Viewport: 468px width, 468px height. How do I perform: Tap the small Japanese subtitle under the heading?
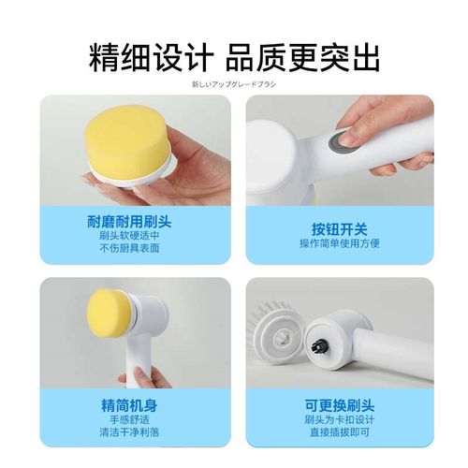tap(234, 84)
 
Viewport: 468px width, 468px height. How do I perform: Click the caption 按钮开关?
tap(339, 229)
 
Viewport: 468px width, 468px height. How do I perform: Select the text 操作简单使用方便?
tap(339, 243)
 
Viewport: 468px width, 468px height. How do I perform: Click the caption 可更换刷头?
tap(339, 406)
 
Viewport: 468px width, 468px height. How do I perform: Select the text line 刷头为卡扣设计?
tap(339, 419)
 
